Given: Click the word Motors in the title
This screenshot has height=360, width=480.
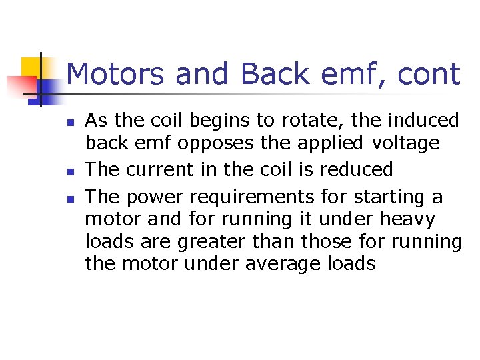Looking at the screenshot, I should pos(115,74).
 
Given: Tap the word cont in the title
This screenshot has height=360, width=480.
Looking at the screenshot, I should pos(429,74).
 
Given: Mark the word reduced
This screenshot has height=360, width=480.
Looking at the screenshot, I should pos(356,169).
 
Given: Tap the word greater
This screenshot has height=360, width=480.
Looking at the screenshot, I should pos(219,241).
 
